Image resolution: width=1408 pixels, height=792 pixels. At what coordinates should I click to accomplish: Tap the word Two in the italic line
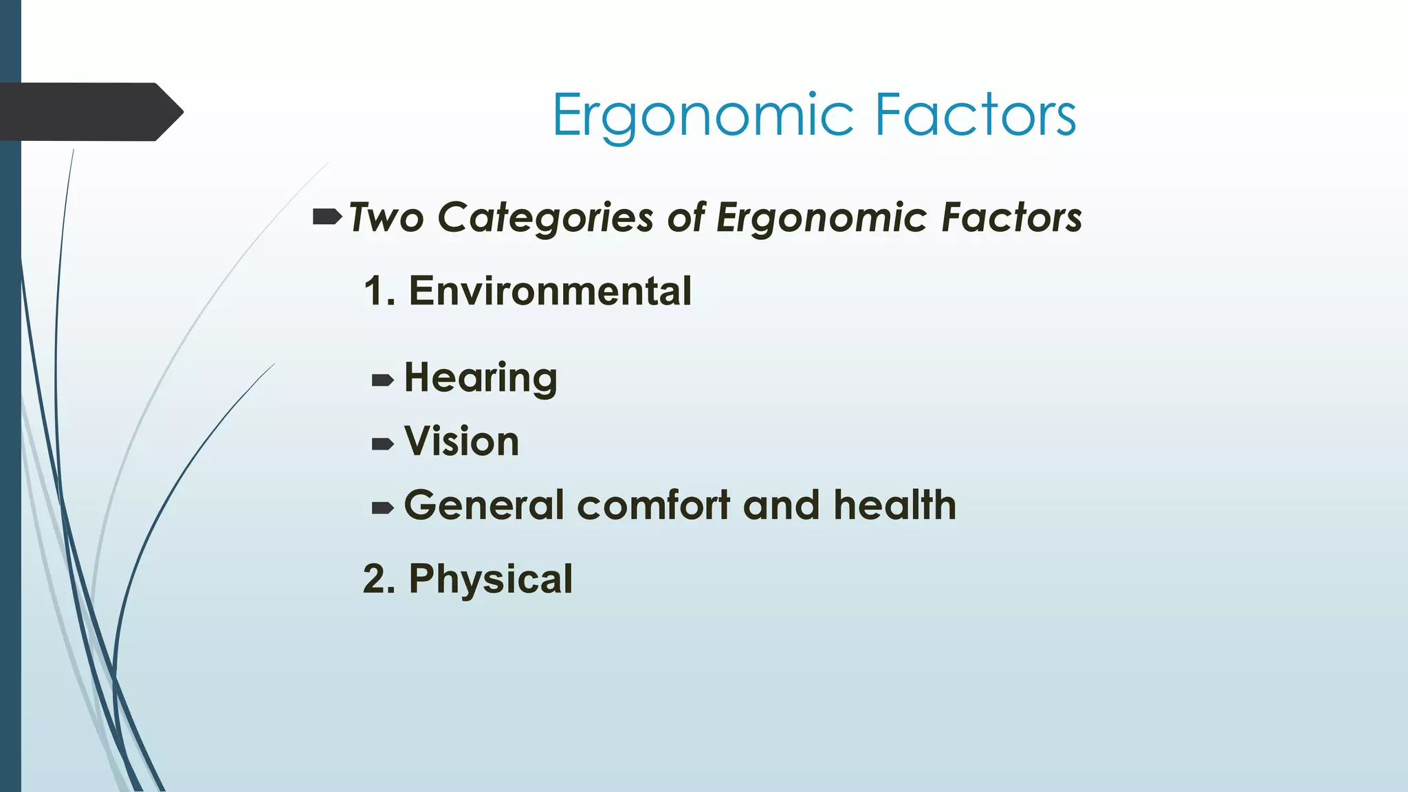386,218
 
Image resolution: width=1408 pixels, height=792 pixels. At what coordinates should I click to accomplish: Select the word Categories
545,219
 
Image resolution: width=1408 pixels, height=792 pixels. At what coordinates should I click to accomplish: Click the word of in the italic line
686,218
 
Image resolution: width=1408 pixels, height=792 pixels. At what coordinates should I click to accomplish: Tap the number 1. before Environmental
379,291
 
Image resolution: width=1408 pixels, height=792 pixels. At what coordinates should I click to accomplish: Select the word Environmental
550,291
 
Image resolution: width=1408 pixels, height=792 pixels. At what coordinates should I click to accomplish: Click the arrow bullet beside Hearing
382,380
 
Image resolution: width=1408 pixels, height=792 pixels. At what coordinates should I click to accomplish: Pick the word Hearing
481,378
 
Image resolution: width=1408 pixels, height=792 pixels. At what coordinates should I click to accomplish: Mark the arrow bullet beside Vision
382,444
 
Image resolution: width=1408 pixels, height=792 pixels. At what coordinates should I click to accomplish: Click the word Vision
461,441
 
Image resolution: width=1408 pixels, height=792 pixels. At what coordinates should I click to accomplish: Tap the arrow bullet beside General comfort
382,508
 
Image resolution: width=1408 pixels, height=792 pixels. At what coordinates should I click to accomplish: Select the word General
484,505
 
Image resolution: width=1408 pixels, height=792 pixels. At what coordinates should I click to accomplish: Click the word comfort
653,505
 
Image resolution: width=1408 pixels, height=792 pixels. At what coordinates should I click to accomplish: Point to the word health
894,505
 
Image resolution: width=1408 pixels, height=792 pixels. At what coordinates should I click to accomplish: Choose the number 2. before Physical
379,579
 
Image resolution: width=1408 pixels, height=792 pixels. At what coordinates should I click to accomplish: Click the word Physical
490,579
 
